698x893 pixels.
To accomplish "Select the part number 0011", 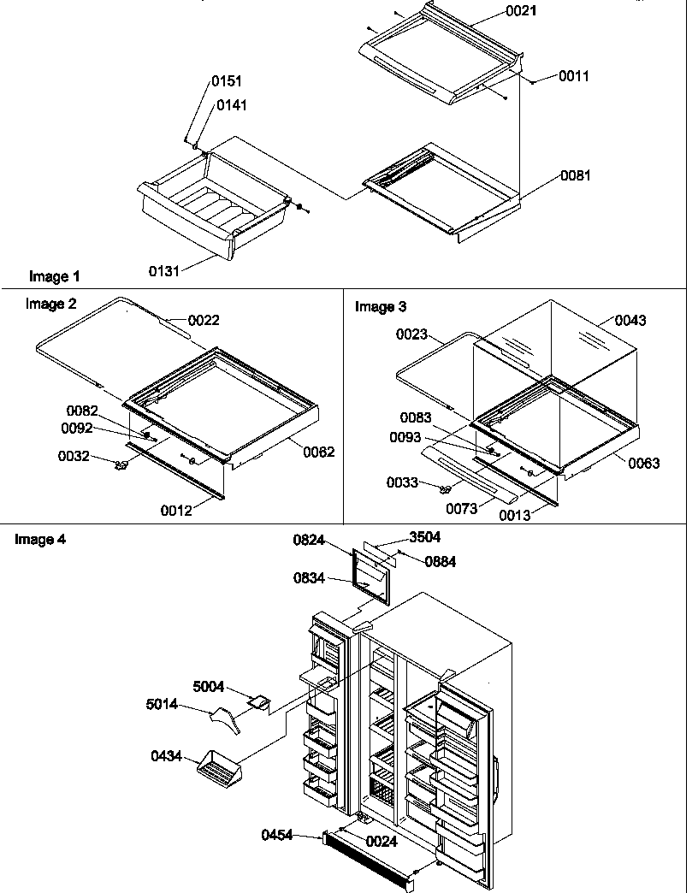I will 574,76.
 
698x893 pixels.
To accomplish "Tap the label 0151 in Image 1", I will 227,81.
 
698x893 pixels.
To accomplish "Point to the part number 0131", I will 164,271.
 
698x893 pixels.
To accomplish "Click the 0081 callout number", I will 576,175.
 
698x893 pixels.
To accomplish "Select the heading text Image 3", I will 381,306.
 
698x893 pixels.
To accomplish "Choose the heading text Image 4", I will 40,540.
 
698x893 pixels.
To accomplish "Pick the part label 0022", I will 204,321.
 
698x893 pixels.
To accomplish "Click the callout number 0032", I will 74,456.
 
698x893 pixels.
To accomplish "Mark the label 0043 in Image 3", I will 630,321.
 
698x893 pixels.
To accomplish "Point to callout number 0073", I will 461,508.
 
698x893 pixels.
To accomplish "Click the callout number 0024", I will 382,841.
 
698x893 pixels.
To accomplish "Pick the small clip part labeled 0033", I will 445,489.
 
